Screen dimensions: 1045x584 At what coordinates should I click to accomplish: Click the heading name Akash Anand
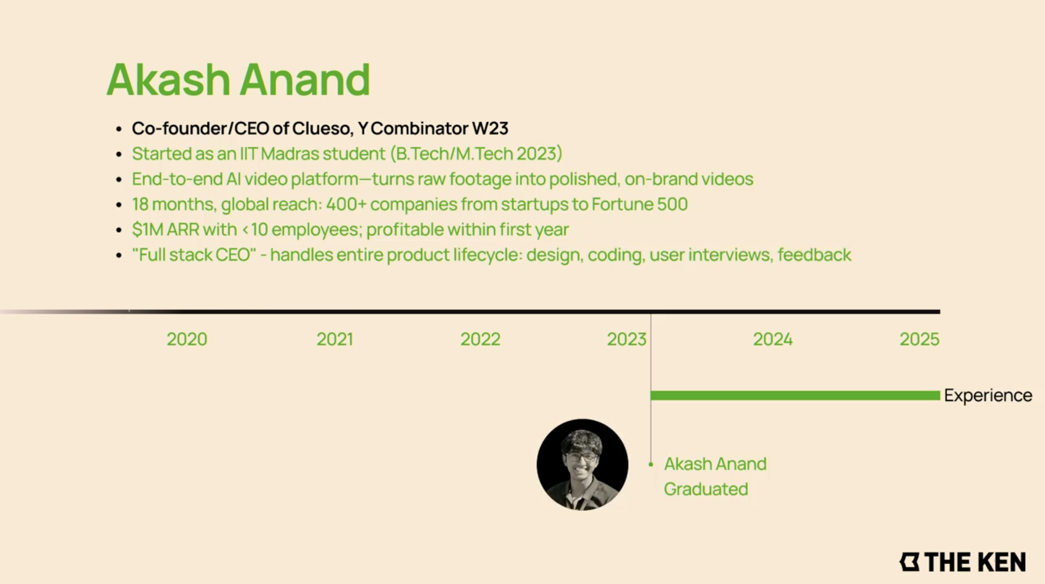click(238, 80)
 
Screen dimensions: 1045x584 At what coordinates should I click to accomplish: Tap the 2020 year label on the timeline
click(187, 339)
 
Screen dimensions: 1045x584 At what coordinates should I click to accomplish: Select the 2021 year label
click(335, 339)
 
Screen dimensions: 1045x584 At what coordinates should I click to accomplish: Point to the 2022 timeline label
click(480, 339)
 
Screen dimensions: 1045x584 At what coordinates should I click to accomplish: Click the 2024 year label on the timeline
click(773, 339)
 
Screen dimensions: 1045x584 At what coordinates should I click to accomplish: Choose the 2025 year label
click(919, 339)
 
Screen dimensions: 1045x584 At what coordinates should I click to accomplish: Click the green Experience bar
click(795, 396)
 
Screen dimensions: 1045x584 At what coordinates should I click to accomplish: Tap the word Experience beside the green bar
click(988, 396)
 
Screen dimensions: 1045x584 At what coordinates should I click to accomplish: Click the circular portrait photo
click(582, 464)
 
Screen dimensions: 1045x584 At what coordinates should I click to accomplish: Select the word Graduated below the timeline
click(706, 489)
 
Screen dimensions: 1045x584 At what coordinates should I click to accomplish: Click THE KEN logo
click(962, 562)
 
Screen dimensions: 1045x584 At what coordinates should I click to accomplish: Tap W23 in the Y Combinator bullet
click(490, 129)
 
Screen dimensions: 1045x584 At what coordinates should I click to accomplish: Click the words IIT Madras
click(279, 154)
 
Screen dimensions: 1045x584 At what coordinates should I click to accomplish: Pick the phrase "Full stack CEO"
click(194, 255)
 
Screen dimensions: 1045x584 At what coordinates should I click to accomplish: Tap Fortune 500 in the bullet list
click(640, 204)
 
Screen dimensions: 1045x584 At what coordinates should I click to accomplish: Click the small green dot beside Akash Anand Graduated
click(651, 464)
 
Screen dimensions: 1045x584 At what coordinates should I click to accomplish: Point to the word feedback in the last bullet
click(814, 255)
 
